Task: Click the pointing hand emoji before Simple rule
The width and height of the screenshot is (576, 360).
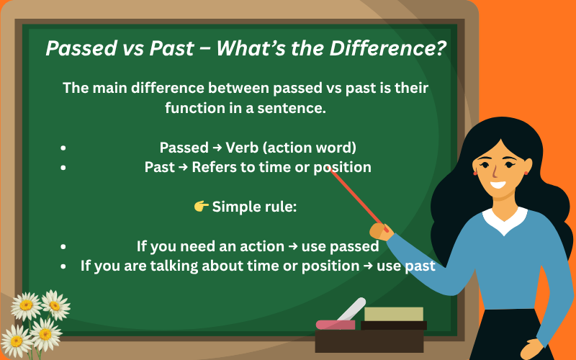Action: click(x=202, y=207)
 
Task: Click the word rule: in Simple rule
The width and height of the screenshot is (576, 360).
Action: click(x=279, y=207)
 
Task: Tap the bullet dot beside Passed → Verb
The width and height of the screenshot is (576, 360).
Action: click(x=64, y=148)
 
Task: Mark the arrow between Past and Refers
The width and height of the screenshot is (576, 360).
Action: click(x=186, y=167)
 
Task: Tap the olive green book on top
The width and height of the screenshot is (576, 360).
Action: click(x=393, y=314)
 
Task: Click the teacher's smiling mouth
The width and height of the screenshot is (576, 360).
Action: click(x=498, y=184)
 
